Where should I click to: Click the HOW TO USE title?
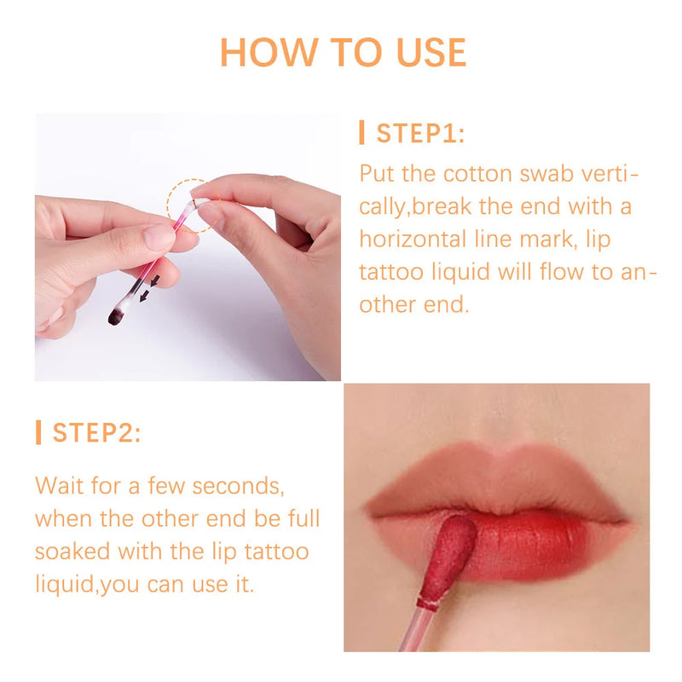click(343, 52)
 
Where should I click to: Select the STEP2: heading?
click(96, 432)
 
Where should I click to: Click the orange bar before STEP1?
click(362, 133)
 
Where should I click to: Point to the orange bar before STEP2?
click(38, 432)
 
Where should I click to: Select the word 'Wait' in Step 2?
click(61, 486)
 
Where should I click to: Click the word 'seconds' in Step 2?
click(236, 486)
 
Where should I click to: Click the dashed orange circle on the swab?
click(189, 205)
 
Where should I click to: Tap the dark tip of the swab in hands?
click(115, 317)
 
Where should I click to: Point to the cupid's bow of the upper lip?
click(496, 454)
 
